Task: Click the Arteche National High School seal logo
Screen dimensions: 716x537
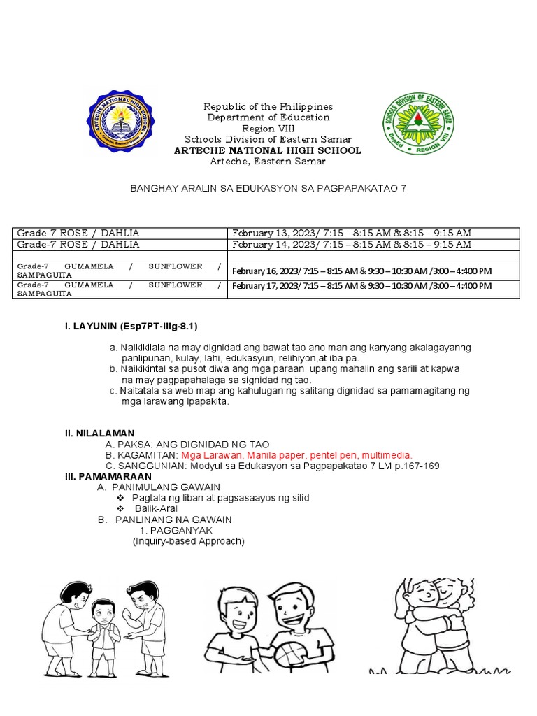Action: [120, 122]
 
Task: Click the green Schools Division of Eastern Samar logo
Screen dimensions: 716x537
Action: [418, 124]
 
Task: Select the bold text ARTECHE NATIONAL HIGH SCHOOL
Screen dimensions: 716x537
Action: [268, 150]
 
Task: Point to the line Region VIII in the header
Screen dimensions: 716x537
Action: [268, 129]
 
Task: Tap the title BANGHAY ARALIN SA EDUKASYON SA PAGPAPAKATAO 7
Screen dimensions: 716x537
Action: [268, 189]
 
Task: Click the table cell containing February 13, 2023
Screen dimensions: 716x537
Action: [352, 233]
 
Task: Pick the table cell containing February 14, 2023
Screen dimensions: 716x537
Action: [352, 245]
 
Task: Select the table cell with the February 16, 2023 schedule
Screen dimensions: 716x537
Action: [361, 271]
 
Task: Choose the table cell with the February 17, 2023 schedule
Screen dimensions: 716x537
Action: [361, 286]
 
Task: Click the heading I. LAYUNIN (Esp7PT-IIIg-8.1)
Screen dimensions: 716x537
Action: [132, 326]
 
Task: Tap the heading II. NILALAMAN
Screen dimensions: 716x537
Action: [100, 434]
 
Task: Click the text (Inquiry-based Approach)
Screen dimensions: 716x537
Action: [189, 540]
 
